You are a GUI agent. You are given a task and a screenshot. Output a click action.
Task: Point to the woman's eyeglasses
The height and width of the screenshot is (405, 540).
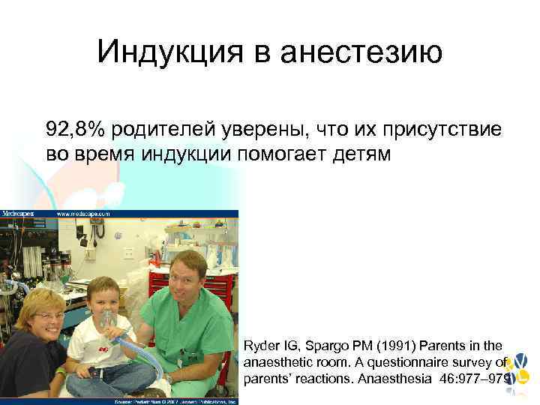(x=49, y=316)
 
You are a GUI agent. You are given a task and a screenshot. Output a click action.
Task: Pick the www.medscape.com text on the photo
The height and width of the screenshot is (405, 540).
(x=83, y=214)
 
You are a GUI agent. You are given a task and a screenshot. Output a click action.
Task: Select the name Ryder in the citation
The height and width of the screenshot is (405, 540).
(x=262, y=346)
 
